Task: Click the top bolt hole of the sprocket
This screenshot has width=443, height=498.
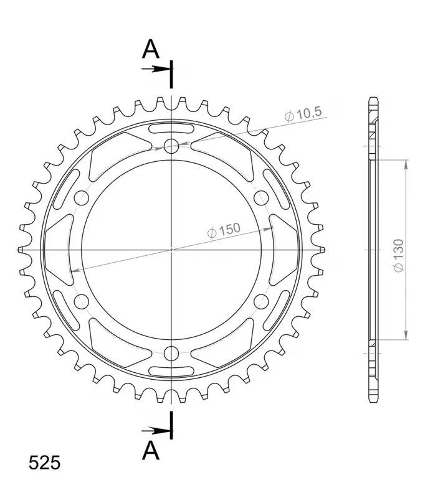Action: click(171, 146)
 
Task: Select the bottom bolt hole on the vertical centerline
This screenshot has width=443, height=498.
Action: click(171, 354)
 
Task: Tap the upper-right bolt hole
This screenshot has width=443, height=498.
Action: click(261, 198)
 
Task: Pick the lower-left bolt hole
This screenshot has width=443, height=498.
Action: click(81, 302)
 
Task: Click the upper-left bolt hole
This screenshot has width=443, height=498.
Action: click(81, 198)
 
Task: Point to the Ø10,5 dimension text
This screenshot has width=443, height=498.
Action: click(303, 115)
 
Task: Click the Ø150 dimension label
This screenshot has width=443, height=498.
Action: click(224, 230)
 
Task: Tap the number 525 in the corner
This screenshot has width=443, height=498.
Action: click(44, 463)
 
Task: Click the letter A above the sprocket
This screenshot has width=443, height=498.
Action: click(150, 48)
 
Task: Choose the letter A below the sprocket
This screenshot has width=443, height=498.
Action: click(150, 450)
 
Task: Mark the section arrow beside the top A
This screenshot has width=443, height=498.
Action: click(155, 68)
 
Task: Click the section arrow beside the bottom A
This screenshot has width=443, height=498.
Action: click(155, 430)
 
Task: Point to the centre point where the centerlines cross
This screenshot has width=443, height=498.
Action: click(171, 250)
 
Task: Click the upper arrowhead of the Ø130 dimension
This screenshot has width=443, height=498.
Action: click(406, 164)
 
